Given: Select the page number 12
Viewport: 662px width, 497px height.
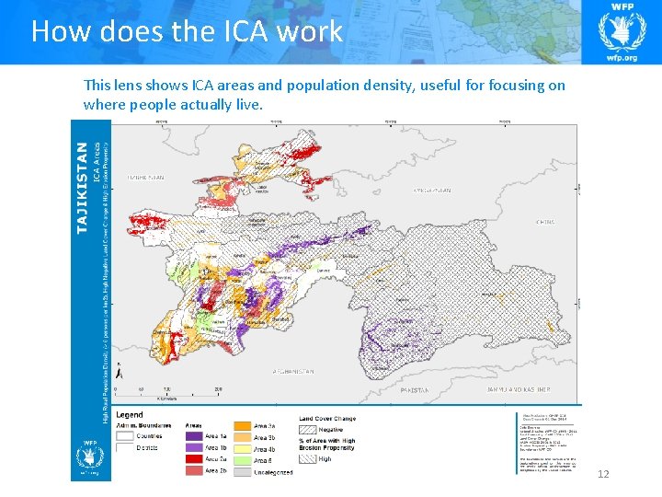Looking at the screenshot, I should point(603,474).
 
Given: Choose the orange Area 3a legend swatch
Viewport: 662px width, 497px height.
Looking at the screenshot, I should point(241,426).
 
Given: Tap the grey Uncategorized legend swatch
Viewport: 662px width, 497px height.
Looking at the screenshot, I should point(241,471).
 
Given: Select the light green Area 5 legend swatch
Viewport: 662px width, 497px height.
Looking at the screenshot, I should point(241,459).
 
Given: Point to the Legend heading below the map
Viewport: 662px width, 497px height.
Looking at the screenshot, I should point(130,415).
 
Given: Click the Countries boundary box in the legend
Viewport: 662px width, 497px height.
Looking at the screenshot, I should point(125,437).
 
